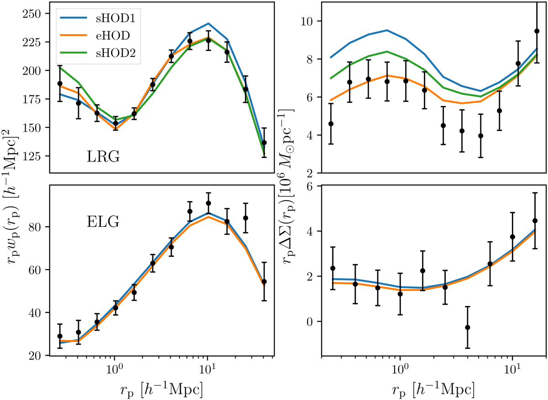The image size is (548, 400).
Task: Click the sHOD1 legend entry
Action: tap(96, 21)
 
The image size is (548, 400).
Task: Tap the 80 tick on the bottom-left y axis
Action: tap(37, 227)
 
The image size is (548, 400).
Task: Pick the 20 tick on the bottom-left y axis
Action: tap(37, 356)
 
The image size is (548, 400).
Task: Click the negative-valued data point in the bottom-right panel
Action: tap(468, 327)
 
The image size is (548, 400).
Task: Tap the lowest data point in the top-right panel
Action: tap(480, 135)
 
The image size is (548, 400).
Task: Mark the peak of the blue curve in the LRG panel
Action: tap(208, 23)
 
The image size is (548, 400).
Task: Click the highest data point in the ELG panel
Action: tap(208, 203)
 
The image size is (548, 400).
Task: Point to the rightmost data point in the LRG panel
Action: tap(264, 143)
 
